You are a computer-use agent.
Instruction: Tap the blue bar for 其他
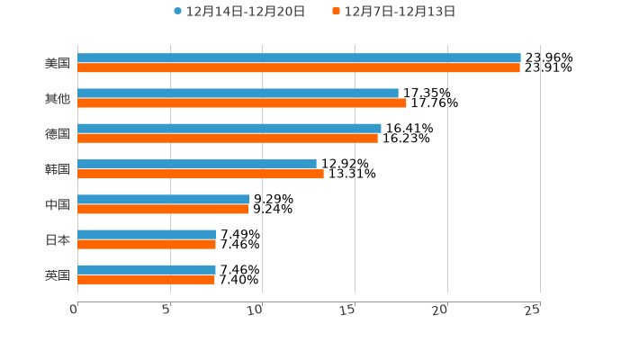[x=238, y=93]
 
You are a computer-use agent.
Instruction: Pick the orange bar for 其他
[x=242, y=103]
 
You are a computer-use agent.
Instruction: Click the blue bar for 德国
[x=229, y=128]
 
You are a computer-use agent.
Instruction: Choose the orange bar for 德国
[x=228, y=138]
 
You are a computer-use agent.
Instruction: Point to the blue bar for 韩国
[x=197, y=164]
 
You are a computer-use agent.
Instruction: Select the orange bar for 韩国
[x=201, y=174]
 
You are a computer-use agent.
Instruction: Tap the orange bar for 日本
[x=147, y=244]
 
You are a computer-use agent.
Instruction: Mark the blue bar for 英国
[x=147, y=269]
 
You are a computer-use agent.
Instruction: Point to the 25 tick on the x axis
[x=533, y=310]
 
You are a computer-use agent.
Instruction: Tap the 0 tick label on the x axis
[x=75, y=310]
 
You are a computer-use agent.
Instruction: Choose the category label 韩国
[x=58, y=169]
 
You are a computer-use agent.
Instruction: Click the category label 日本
[x=58, y=239]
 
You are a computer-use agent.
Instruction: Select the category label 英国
[x=58, y=274]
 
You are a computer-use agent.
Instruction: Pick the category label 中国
[x=58, y=204]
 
